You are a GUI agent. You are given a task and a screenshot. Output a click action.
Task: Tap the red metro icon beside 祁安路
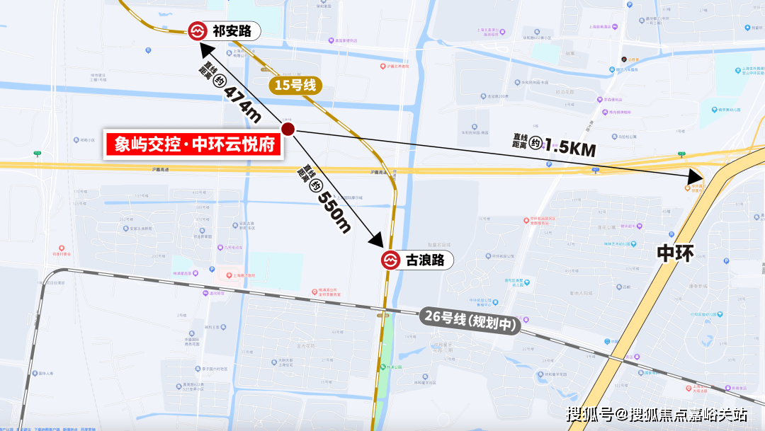[x=197, y=31]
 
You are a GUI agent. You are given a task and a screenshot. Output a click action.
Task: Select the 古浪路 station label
[x=425, y=260]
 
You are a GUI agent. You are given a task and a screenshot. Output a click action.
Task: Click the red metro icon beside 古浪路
[x=390, y=260]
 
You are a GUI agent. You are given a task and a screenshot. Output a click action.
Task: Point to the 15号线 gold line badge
[x=295, y=85]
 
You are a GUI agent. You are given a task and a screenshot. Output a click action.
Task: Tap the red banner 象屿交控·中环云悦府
[x=193, y=144]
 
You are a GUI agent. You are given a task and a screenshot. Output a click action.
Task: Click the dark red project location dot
[x=288, y=129]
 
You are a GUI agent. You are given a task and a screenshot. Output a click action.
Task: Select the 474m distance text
[x=243, y=101]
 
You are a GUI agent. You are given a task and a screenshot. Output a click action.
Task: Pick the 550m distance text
[x=334, y=210]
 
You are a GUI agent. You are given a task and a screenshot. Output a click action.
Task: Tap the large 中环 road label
[x=674, y=253]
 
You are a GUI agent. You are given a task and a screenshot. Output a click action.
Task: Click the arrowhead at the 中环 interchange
[x=693, y=176]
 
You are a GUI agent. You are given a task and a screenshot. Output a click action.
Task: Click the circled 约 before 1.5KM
[x=536, y=142]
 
